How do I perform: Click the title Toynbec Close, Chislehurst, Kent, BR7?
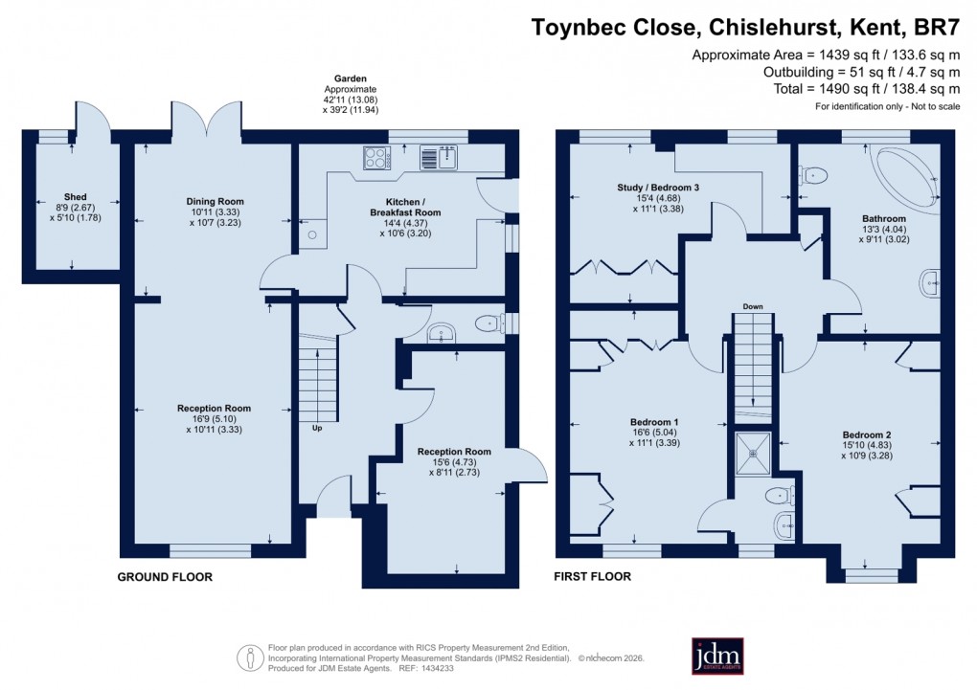745,27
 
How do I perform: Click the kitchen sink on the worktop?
441,157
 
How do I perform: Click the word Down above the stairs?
752,307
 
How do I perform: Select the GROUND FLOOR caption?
165,577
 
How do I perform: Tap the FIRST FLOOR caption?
593,577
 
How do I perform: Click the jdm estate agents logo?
717,656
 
